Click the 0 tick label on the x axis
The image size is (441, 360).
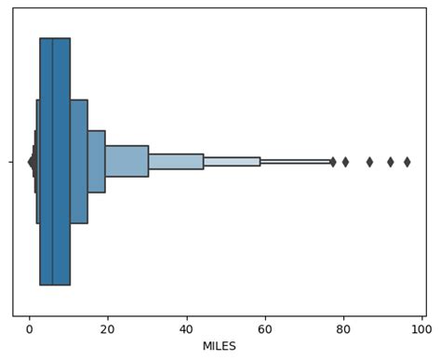pos(29,328)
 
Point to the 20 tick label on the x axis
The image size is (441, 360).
pos(108,328)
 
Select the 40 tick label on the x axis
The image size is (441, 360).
pos(187,328)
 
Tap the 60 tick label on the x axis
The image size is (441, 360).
pos(265,328)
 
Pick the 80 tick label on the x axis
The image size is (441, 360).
pos(344,328)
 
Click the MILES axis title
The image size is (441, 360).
pos(220,346)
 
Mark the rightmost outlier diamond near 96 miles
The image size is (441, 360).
pos(407,162)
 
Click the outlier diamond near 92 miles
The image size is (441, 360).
pos(391,162)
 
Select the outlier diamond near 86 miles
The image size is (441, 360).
pos(369,162)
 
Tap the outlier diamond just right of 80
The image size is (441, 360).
pos(345,162)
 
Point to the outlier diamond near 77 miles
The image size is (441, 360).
pos(333,162)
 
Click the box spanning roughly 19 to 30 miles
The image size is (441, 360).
pos(127,161)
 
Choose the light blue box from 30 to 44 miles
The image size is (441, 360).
pos(176,162)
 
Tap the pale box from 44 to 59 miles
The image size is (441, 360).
pos(232,162)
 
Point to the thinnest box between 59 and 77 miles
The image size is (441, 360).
pos(296,162)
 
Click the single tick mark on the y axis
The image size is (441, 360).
pos(11,162)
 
